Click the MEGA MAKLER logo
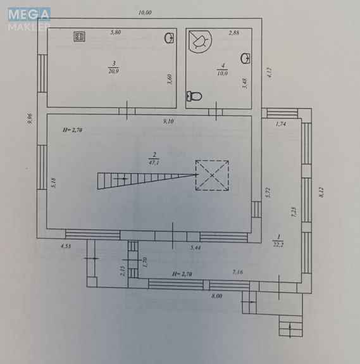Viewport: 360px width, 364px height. (29, 19)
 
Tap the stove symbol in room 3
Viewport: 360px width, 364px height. (79, 37)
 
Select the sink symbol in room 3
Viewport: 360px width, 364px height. (169, 39)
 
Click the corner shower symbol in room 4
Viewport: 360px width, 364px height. (199, 41)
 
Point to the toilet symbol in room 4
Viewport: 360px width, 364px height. (194, 96)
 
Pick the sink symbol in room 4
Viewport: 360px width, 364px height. (245, 58)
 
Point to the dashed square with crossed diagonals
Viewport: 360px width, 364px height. (212, 175)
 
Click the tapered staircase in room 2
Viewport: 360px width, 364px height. (147, 181)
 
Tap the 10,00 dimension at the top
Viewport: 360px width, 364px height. (146, 13)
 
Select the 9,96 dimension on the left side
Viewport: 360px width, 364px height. (30, 118)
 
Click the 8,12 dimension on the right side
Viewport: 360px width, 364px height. (321, 192)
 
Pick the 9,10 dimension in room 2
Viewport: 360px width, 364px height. (168, 122)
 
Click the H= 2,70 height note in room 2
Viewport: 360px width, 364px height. (72, 130)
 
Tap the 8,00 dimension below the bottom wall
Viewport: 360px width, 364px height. (217, 296)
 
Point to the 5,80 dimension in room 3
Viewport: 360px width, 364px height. (116, 32)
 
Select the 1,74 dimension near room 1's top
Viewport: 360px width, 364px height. (281, 124)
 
